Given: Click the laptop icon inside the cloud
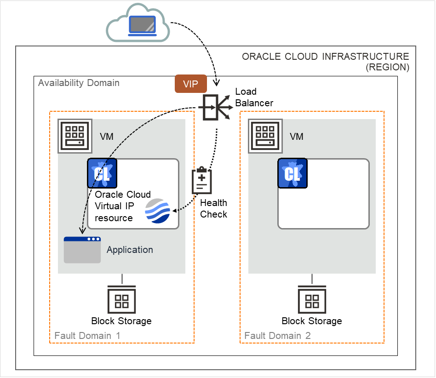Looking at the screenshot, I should [142, 25].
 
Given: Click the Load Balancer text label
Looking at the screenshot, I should [254, 97].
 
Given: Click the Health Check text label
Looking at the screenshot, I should [213, 208].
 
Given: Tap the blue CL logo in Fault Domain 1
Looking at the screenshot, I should [102, 173].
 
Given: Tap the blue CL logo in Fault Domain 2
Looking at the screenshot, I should [292, 173].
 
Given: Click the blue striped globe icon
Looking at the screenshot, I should [158, 211].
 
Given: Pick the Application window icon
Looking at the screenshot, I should [82, 250].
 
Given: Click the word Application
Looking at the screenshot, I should [130, 250].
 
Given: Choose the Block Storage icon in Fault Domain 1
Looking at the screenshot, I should [121, 299].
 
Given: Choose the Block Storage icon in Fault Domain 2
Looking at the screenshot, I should [312, 299].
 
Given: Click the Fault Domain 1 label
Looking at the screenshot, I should [87, 336].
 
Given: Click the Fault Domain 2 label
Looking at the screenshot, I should [277, 336].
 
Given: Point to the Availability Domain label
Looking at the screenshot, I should [79, 83].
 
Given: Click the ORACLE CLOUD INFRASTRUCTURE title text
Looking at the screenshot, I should [325, 57].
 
